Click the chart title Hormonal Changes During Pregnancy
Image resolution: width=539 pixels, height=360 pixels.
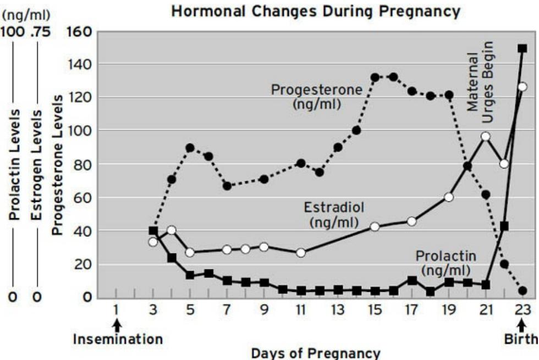(316, 12)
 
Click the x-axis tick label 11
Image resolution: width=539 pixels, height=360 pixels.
(300, 310)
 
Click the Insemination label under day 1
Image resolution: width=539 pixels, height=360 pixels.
(118, 339)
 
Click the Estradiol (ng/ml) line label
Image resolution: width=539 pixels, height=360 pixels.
(329, 215)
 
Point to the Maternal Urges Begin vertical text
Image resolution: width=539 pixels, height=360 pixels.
(481, 75)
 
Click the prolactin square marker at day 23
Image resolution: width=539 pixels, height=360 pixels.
(522, 48)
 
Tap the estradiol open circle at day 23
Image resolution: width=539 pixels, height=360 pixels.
(522, 87)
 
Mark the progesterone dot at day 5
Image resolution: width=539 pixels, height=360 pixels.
(190, 148)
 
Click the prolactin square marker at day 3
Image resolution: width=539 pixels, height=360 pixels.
(153, 231)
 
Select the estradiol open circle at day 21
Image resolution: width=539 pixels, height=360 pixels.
(486, 136)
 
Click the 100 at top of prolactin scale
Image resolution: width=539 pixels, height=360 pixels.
(12, 32)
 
